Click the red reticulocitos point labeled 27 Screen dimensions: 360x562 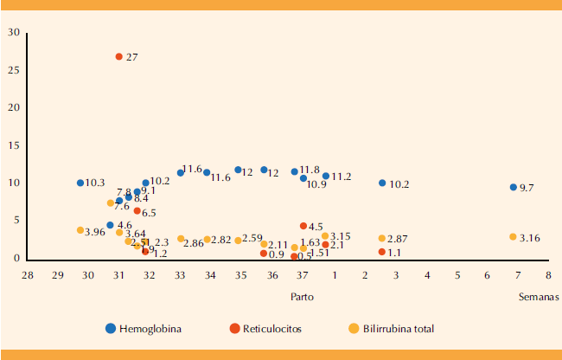click(x=119, y=56)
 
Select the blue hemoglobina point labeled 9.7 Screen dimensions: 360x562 click(x=514, y=187)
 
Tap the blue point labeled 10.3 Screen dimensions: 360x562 click(x=80, y=183)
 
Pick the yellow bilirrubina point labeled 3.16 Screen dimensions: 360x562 click(x=513, y=237)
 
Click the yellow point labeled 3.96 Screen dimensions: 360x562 click(x=80, y=230)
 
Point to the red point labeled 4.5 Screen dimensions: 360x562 click(x=303, y=226)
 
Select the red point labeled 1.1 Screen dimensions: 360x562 click(x=382, y=252)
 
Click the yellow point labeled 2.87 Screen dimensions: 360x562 click(x=382, y=239)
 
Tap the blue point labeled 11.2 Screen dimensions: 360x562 click(x=326, y=176)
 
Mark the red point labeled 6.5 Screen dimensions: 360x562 click(x=137, y=211)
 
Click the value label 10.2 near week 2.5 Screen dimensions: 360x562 click(x=399, y=184)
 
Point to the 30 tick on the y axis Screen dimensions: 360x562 click(x=14, y=33)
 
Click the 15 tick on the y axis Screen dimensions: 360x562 click(x=14, y=145)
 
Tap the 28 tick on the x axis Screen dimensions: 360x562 click(x=28, y=274)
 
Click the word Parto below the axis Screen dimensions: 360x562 click(x=302, y=296)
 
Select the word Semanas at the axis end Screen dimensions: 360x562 click(x=538, y=296)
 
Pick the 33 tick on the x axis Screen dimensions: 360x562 click(x=181, y=274)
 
